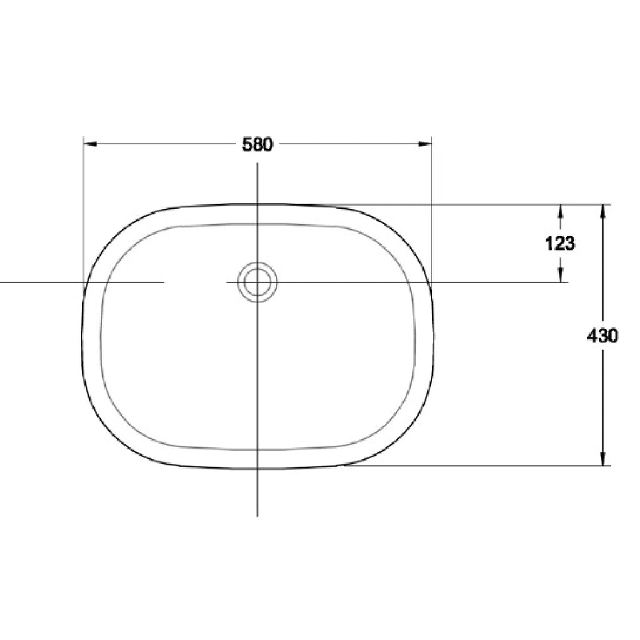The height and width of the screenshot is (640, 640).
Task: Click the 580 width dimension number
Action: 257,144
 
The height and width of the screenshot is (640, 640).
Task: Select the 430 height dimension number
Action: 602,336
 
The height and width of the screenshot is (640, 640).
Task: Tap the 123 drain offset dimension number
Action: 560,244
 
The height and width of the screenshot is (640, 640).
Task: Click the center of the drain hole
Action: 257,282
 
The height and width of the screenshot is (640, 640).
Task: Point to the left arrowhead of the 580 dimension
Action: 90,144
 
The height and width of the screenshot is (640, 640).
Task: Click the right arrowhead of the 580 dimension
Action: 425,144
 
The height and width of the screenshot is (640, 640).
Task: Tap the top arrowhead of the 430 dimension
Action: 603,211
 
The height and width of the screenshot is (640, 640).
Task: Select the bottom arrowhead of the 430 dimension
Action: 603,458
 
